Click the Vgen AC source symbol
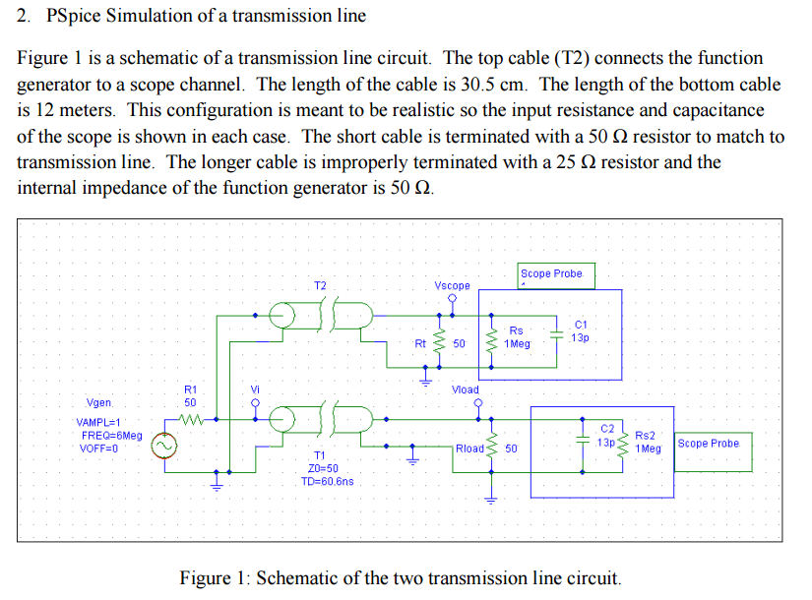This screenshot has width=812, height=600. [x=164, y=448]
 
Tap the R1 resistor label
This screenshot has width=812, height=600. [x=191, y=390]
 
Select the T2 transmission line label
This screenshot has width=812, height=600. [x=320, y=286]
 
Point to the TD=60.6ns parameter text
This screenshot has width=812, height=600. [x=327, y=482]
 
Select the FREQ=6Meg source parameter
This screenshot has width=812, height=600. [x=111, y=435]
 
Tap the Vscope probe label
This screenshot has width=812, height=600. [x=452, y=286]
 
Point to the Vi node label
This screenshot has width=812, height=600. [x=255, y=390]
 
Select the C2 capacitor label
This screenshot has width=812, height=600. [x=607, y=429]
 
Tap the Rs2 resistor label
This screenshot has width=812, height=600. [x=646, y=435]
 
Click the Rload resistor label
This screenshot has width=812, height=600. [x=469, y=449]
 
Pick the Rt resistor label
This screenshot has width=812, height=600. [x=420, y=344]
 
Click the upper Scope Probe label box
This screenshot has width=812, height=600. [x=551, y=273]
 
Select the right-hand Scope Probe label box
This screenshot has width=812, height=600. [x=708, y=444]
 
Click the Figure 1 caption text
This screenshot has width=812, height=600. [x=401, y=577]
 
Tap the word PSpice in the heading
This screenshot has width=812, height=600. [x=74, y=16]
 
